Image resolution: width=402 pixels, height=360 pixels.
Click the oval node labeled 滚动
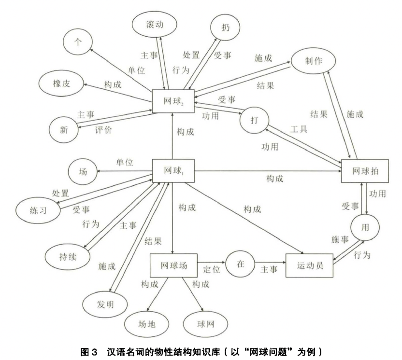(155, 24)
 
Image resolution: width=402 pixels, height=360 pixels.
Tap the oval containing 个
(76, 42)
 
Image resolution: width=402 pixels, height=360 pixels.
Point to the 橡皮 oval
(62, 83)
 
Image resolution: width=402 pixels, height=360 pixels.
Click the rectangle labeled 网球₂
(173, 101)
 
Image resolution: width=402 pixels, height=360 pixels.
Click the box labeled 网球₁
(173, 171)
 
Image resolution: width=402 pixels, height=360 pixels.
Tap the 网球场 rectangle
(172, 266)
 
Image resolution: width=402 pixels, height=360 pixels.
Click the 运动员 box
(310, 266)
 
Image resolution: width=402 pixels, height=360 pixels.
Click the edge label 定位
(211, 269)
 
